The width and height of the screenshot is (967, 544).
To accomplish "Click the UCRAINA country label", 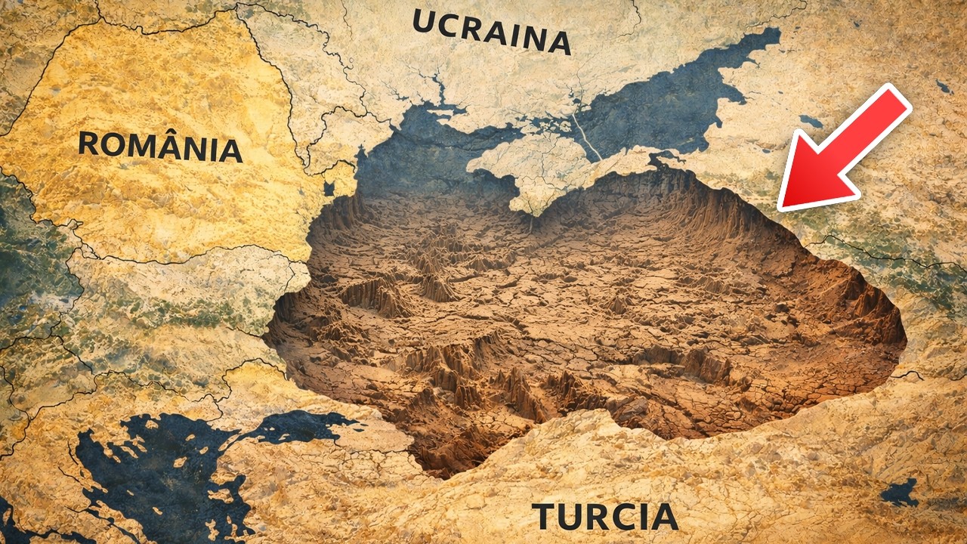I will pos(491,32).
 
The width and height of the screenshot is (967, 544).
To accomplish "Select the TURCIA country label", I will pos(605,517).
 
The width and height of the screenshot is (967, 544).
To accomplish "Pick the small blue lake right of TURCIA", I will pos(899,493).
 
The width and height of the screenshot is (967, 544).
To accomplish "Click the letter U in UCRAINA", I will pos(425,23).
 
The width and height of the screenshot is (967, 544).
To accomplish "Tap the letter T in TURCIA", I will pos(545,517).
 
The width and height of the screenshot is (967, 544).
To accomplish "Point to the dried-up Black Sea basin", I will pos(589,317).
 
